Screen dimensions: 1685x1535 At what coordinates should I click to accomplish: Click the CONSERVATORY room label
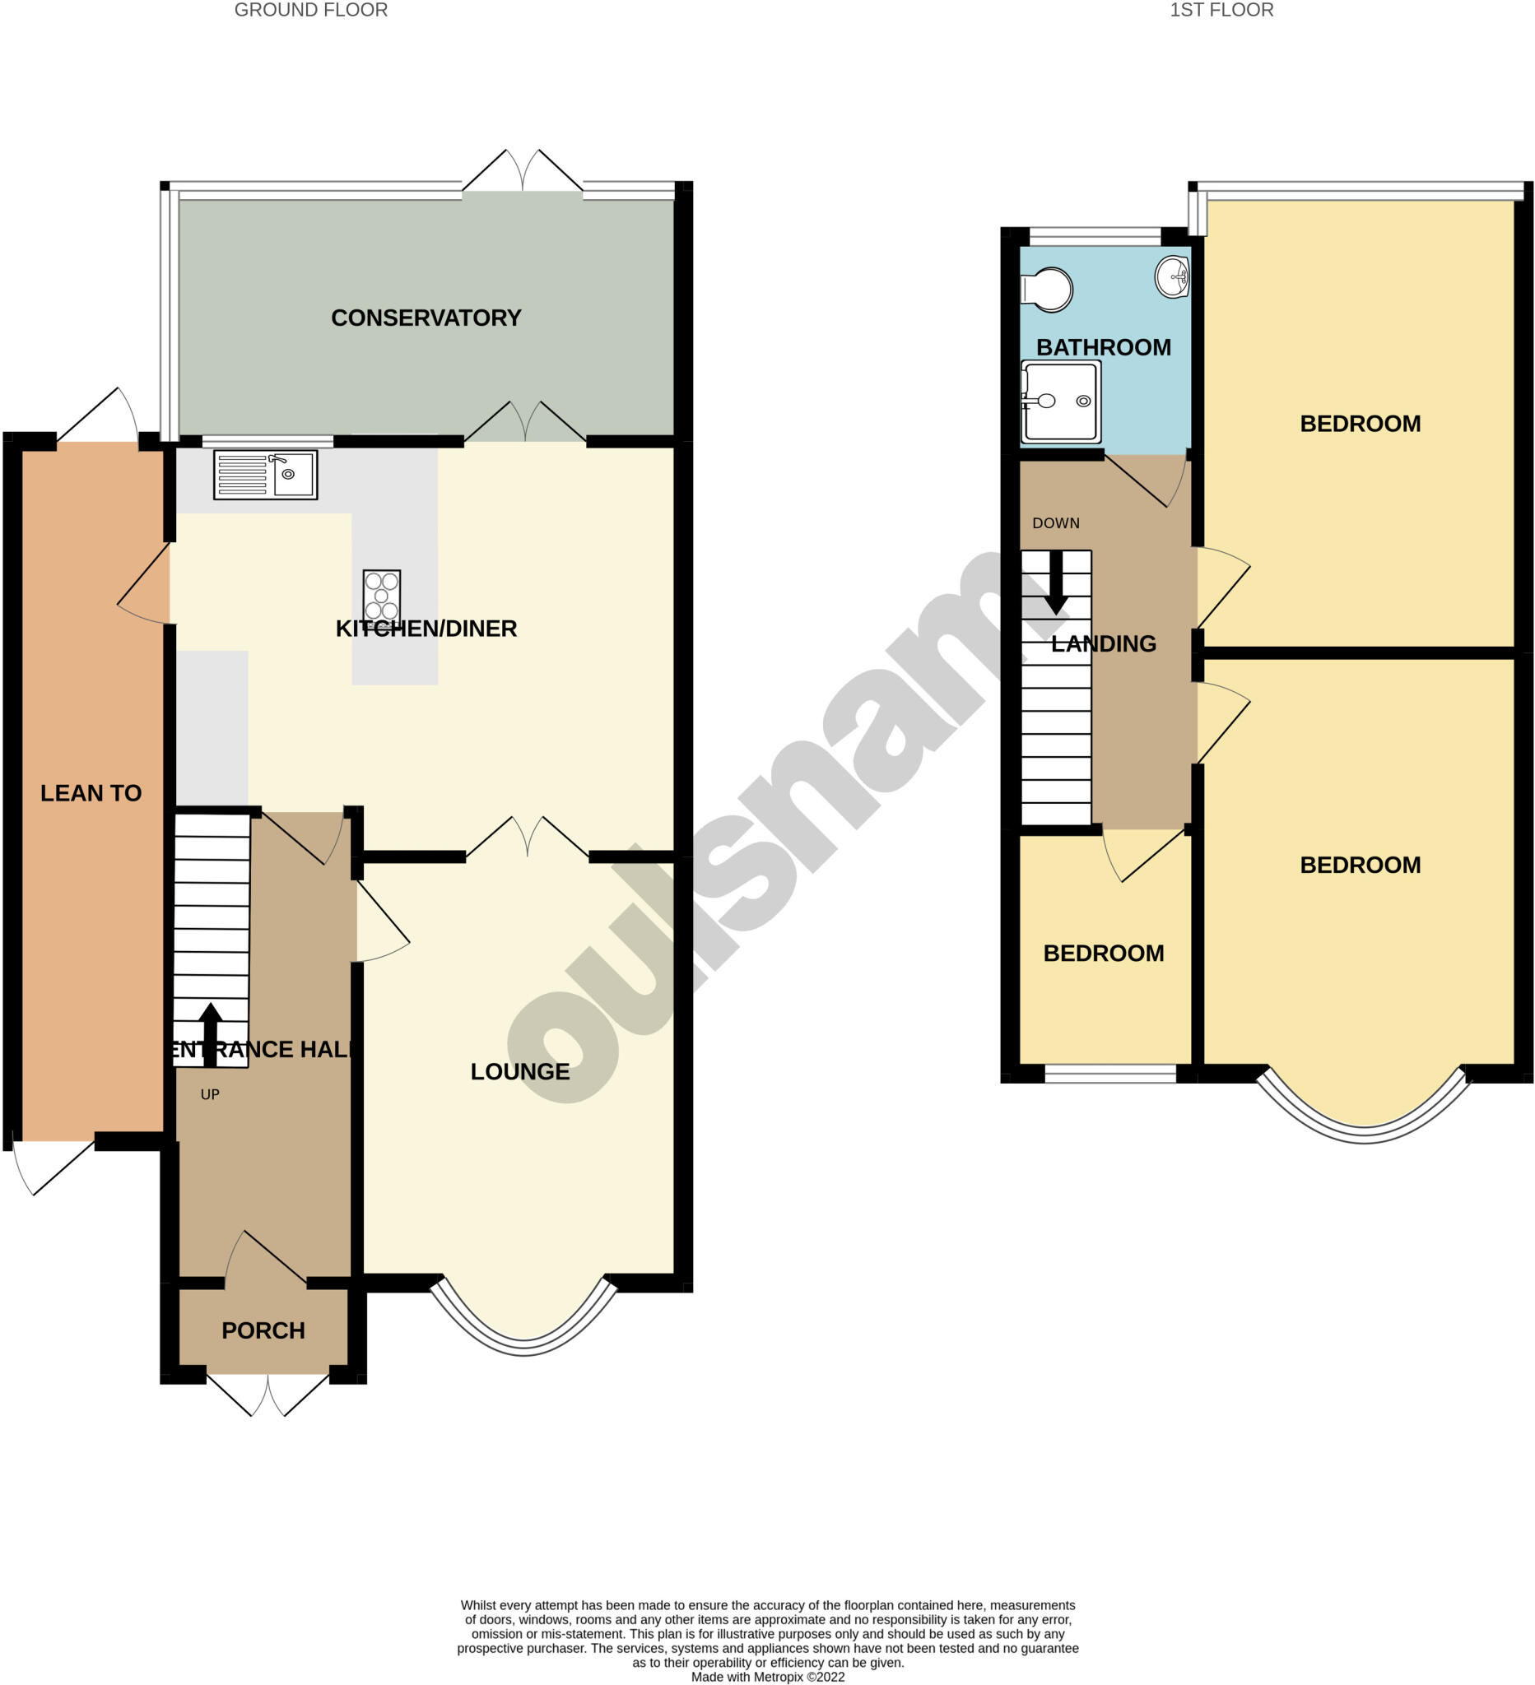tap(426, 318)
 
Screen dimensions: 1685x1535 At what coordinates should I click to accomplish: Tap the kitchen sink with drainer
tap(265, 475)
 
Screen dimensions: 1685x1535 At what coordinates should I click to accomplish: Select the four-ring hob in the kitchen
tap(381, 595)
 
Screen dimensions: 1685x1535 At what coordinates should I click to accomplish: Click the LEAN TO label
tap(91, 792)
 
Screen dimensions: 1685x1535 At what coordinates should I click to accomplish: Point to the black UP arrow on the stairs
tap(210, 1033)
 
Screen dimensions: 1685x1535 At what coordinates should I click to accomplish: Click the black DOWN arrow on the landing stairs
tap(1056, 582)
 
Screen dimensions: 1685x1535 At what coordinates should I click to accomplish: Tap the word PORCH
tap(263, 1330)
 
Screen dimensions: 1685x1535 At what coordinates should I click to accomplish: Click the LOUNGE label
tap(520, 1070)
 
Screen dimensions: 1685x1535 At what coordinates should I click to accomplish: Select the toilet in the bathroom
tap(1047, 289)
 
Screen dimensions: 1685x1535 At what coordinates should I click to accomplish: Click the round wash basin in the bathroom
tap(1172, 275)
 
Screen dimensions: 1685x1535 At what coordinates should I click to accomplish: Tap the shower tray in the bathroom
tap(1060, 402)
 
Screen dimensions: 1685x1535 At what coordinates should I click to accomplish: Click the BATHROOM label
tap(1103, 347)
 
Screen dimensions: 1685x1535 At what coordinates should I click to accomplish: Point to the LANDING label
tap(1103, 643)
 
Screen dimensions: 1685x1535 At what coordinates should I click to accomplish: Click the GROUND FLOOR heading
tap(310, 10)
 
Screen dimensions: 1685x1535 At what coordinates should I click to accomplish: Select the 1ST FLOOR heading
tap(1221, 10)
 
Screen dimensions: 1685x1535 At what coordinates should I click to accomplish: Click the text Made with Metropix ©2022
tap(767, 1676)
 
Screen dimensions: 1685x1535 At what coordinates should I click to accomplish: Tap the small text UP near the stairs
tap(210, 1094)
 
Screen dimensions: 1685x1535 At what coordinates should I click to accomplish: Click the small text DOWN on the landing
tap(1055, 523)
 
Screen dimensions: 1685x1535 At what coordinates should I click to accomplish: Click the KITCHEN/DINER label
tap(426, 629)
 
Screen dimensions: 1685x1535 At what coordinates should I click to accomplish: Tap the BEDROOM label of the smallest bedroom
tap(1103, 953)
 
